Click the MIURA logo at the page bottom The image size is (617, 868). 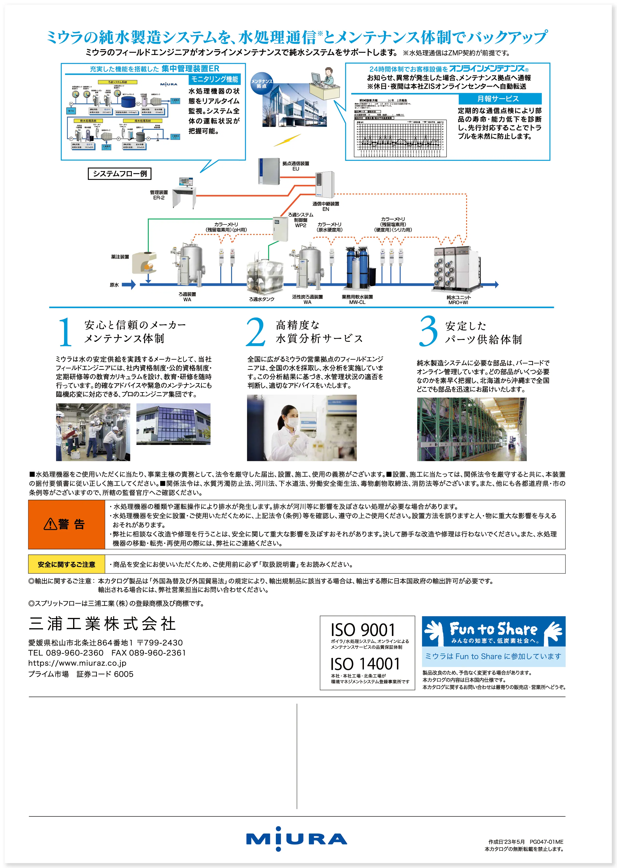296,839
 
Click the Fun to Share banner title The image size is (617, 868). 493,629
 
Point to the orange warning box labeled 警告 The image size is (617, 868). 67,524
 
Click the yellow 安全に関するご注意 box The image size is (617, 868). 67,564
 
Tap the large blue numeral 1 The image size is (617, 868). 65,332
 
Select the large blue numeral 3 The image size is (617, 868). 428,331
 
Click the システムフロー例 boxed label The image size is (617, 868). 120,174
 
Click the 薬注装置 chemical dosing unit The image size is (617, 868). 144,263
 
